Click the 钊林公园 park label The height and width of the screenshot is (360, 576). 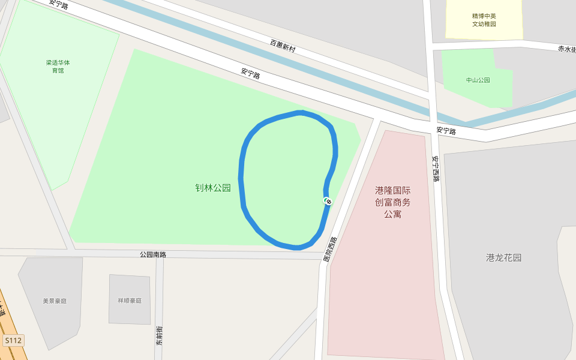(213, 188)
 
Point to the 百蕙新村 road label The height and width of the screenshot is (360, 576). (283, 46)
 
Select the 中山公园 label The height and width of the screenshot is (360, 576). (478, 80)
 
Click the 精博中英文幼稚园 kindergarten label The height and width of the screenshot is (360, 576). (484, 20)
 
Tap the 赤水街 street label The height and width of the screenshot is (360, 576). (566, 49)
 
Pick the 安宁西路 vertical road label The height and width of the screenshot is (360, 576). (436, 169)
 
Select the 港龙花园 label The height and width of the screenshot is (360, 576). (503, 258)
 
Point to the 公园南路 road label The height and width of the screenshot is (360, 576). (152, 254)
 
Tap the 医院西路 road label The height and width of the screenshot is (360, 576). (330, 250)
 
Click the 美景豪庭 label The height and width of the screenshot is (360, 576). (55, 301)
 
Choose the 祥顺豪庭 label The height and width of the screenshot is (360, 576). (130, 301)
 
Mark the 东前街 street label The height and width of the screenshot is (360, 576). (160, 336)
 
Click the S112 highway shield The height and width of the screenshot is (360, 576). (13, 341)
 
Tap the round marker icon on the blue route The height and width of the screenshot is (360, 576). (328, 200)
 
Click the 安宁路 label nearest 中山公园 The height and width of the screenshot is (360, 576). (446, 130)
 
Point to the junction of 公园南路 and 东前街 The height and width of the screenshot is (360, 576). (160, 255)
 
